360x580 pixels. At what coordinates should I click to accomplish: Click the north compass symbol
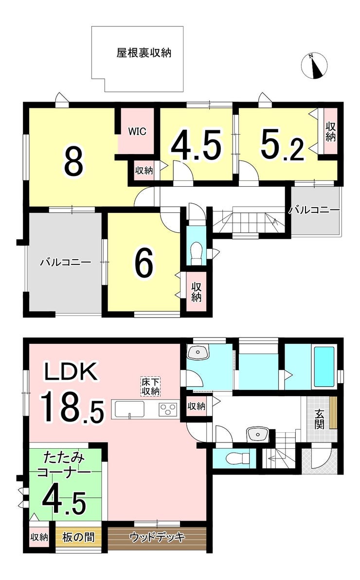[314, 66]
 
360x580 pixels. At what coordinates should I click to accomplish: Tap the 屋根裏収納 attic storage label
[144, 53]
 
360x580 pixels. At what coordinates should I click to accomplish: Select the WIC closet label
[137, 131]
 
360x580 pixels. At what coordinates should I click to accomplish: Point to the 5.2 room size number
[282, 144]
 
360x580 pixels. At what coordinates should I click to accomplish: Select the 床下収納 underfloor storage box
[150, 387]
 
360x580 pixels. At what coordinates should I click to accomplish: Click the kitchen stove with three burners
[169, 409]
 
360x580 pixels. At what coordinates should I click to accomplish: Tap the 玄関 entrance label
[319, 419]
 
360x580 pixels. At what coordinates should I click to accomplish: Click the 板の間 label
[78, 537]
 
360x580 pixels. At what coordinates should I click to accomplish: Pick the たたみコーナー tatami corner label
[65, 465]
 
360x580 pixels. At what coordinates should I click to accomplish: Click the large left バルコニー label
[66, 262]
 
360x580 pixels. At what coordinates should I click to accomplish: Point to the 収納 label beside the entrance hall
[196, 406]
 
